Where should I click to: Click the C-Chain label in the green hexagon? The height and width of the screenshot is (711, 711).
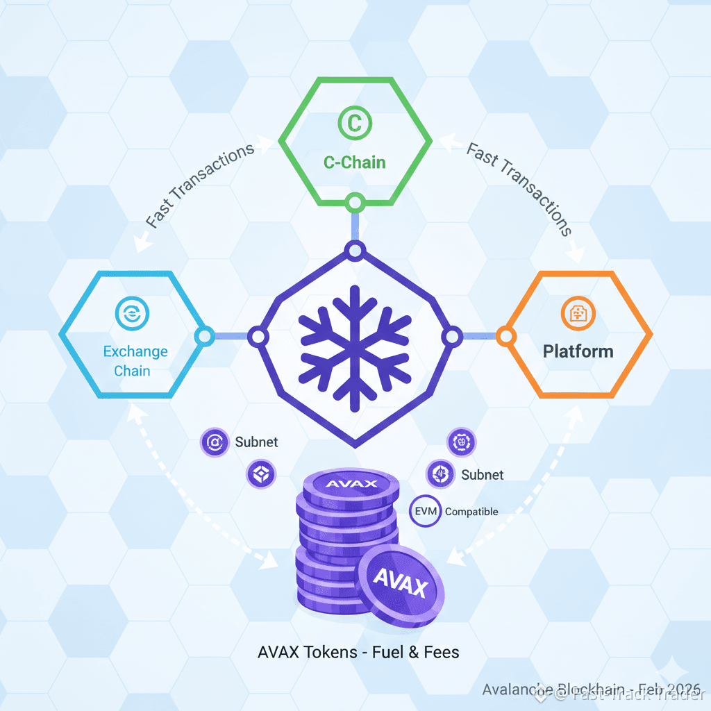tap(355, 162)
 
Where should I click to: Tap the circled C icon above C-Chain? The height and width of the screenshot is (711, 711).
tap(355, 124)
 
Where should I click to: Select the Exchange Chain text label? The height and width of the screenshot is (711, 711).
tap(135, 360)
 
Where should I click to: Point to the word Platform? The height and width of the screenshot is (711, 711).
tap(578, 351)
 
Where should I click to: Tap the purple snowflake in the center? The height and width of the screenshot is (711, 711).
tap(355, 340)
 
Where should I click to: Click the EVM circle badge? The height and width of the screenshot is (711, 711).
tap(426, 511)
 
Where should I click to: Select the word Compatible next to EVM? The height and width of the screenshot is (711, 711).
tap(471, 512)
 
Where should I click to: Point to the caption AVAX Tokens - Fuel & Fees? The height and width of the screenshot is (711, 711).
tap(358, 652)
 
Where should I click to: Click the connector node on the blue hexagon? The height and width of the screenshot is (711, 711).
tap(205, 337)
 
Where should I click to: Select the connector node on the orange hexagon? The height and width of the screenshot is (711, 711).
tap(505, 337)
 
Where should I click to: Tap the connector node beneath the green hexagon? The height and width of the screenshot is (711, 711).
tap(355, 203)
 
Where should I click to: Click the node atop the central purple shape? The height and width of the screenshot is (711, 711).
tap(355, 251)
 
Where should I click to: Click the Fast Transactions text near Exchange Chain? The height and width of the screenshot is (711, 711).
tap(200, 186)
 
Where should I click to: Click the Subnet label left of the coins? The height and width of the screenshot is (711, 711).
tap(256, 442)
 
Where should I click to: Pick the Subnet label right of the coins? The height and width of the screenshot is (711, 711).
tap(482, 475)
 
